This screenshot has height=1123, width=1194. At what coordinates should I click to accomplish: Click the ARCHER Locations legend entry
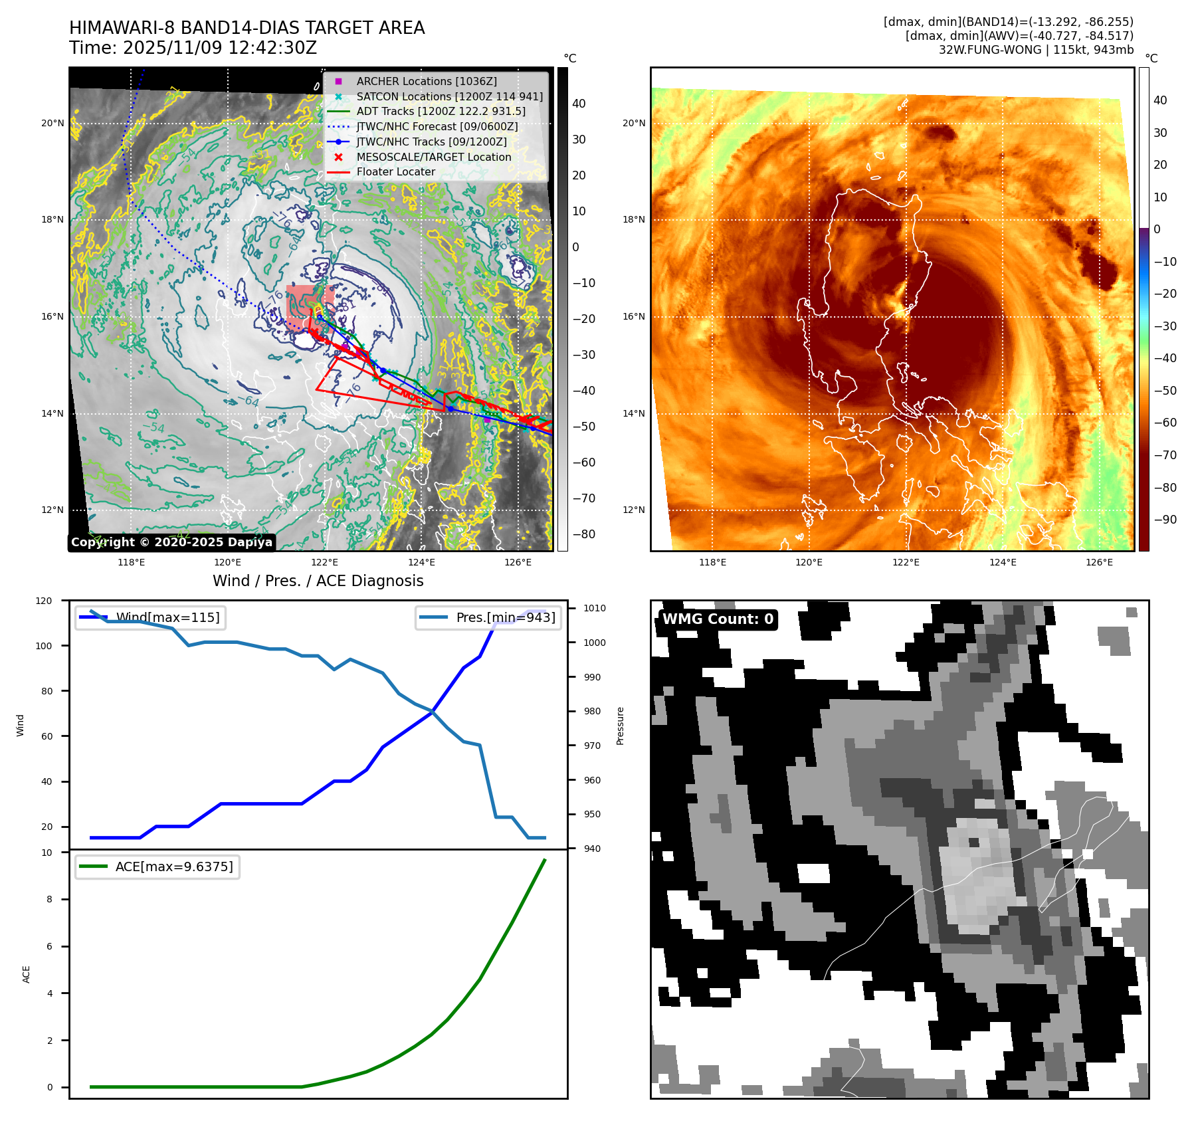[x=426, y=81]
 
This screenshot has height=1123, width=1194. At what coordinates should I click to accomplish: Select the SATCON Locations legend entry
[x=449, y=96]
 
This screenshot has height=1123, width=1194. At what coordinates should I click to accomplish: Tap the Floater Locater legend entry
[x=395, y=171]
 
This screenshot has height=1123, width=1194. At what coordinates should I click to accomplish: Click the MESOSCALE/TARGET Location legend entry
[x=433, y=157]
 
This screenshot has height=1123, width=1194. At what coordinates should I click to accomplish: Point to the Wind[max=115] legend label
[x=167, y=617]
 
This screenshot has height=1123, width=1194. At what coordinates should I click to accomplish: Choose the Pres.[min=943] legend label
[x=505, y=617]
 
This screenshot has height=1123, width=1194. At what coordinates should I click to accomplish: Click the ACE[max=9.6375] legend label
[x=174, y=867]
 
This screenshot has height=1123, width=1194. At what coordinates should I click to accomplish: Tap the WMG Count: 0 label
[x=718, y=619]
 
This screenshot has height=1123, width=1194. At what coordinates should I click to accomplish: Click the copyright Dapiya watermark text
[x=171, y=542]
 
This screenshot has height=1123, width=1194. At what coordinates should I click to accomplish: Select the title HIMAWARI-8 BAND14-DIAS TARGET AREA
[x=247, y=28]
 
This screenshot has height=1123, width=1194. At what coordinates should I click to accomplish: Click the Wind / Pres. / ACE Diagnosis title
[x=318, y=581]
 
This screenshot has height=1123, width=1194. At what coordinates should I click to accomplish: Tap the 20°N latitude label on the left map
[x=52, y=123]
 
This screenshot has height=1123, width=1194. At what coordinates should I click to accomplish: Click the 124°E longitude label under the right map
[x=1003, y=562]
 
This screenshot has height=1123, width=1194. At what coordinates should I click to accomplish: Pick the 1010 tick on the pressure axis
[x=595, y=608]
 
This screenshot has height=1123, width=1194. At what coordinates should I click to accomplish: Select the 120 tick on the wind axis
[x=44, y=601]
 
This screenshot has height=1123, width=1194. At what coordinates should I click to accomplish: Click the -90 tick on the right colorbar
[x=1165, y=520]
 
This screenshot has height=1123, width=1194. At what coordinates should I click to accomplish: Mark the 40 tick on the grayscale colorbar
[x=579, y=104]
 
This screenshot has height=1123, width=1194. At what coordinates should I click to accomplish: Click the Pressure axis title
[x=620, y=726]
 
